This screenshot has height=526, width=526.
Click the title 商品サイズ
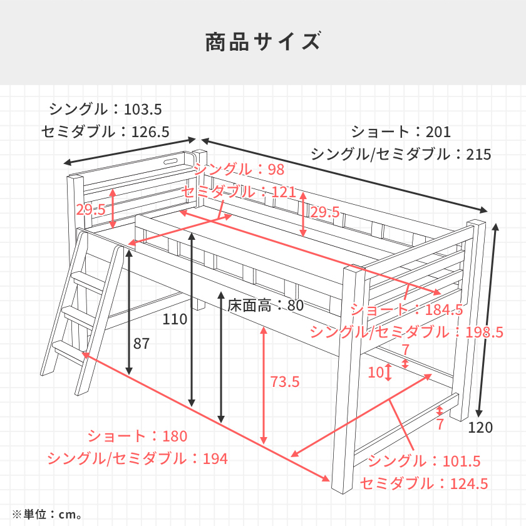(263, 42)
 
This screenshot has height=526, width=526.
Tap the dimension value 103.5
(143, 110)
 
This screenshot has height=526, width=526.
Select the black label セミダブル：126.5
(106, 131)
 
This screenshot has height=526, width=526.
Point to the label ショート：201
(401, 131)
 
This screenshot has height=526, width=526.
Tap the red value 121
(283, 192)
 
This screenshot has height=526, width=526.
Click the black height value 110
(175, 319)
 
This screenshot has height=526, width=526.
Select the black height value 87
(142, 343)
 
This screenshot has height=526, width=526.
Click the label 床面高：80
(266, 306)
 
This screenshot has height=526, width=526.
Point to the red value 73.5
(284, 381)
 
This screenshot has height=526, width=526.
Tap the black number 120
(480, 428)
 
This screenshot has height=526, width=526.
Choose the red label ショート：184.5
(406, 309)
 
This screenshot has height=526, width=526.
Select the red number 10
(375, 373)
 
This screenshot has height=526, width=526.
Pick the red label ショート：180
(137, 436)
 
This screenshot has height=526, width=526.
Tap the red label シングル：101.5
(424, 462)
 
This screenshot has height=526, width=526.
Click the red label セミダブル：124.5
(424, 483)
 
